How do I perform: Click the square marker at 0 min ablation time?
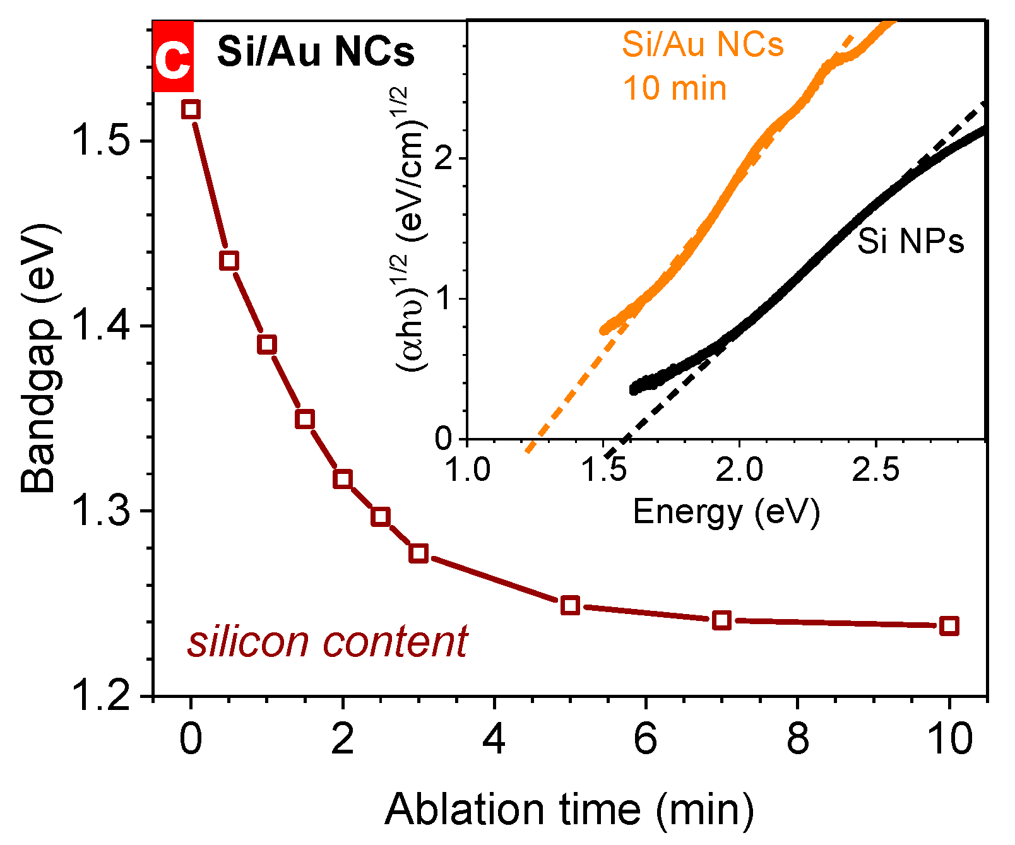[191, 109]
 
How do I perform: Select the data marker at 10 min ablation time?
[949, 626]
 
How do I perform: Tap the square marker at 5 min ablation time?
[570, 605]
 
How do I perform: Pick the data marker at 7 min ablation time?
[721, 620]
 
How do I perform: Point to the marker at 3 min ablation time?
[418, 553]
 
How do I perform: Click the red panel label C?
[173, 57]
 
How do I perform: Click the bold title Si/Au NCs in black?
[316, 52]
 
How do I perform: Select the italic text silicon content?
[327, 642]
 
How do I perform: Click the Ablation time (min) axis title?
[569, 810]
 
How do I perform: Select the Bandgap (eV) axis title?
[39, 358]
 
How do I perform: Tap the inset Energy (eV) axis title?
[726, 512]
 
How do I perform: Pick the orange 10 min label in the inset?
[675, 88]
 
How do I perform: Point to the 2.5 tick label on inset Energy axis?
[876, 470]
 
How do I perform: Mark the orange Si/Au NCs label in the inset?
[703, 45]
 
